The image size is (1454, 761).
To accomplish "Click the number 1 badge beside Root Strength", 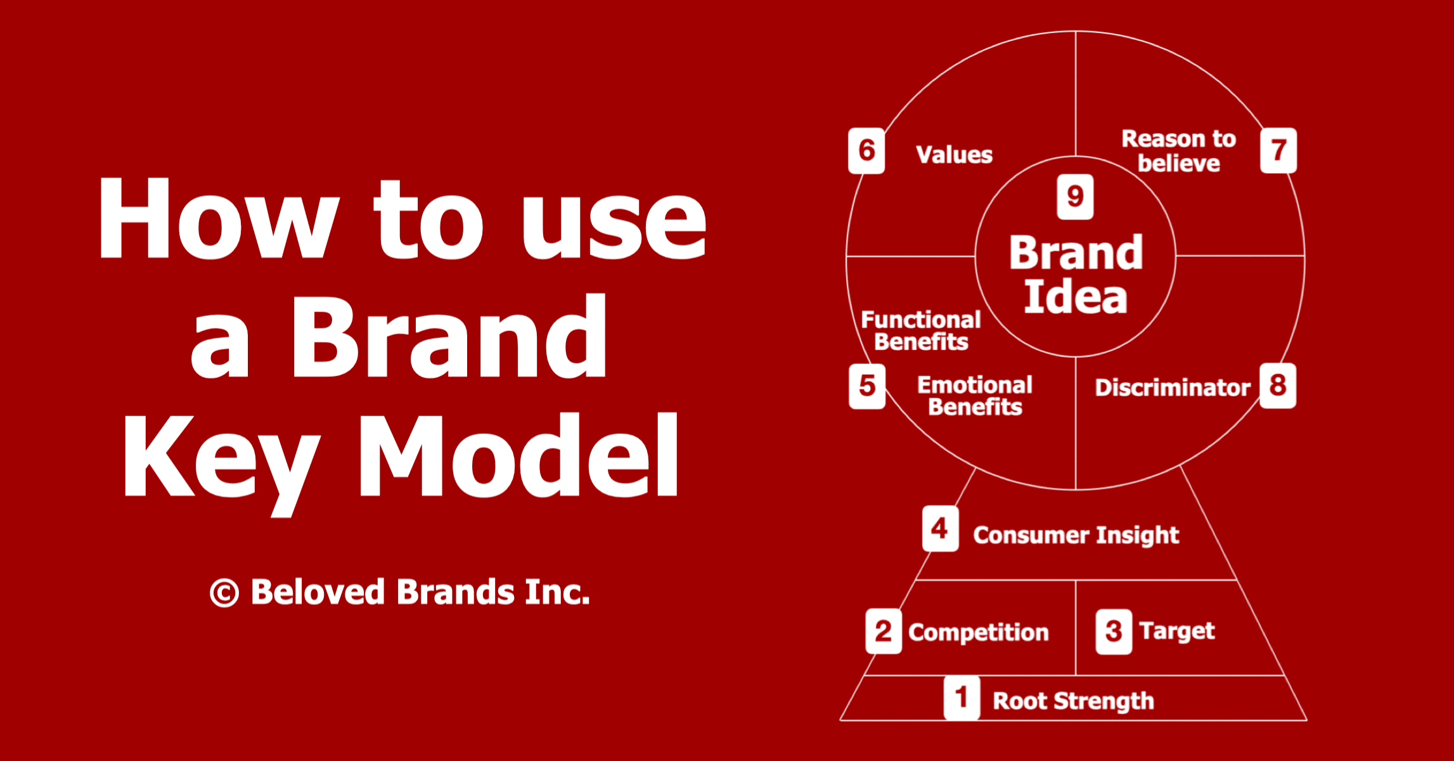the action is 962,698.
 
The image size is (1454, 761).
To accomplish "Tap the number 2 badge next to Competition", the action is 884,631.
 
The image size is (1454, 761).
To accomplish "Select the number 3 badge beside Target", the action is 1114,631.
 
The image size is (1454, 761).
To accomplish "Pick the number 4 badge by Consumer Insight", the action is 940,528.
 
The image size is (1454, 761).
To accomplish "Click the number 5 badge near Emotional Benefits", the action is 867,386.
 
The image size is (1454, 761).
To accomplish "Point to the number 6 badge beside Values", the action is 866,150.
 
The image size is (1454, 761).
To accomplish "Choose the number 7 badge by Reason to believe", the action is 1278,150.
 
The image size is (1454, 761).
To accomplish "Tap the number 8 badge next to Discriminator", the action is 1278,386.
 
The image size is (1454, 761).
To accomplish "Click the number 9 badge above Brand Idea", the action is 1075,197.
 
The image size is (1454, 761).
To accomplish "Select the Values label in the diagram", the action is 955,155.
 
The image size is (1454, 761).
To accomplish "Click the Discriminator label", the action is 1173,387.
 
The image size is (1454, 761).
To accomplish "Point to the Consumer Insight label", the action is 1076,535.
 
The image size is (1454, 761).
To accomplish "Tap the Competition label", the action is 979,633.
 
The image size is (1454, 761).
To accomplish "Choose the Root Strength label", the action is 1073,701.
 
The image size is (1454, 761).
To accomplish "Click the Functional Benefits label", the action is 921,330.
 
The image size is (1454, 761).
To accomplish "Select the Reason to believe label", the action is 1179,151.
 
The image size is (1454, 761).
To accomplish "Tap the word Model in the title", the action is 519,453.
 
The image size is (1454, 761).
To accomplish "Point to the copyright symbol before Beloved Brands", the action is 224,593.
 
